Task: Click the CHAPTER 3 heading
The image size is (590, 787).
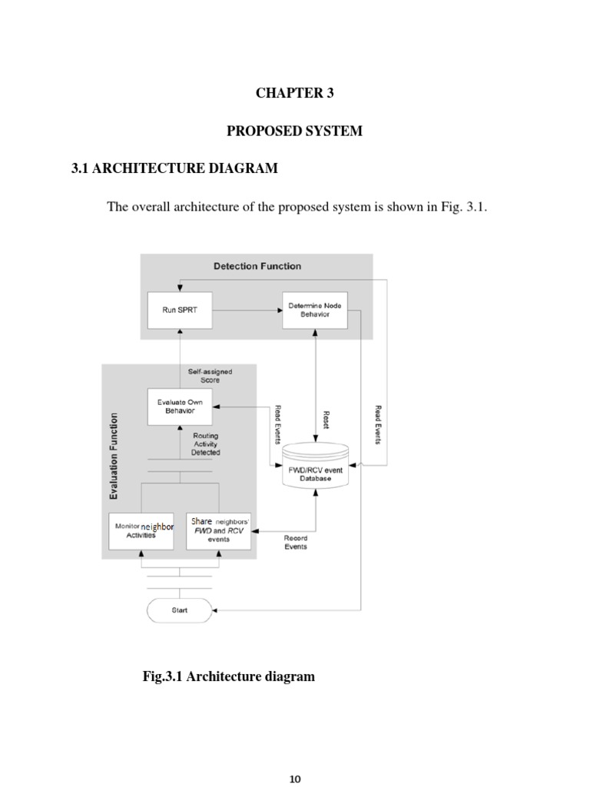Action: [294, 94]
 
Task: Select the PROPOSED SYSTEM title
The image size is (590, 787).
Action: [294, 131]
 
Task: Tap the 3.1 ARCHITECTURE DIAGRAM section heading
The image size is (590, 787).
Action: [174, 168]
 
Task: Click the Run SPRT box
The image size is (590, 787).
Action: [179, 310]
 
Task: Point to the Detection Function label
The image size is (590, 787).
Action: [257, 267]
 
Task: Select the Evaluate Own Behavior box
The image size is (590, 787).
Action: [179, 406]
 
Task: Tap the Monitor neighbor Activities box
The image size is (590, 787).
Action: [141, 530]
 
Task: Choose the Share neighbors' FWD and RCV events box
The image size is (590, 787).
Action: [218, 530]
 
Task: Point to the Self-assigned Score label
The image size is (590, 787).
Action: [210, 376]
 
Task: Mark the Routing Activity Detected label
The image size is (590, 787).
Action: [205, 444]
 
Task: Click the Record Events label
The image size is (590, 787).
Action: [296, 543]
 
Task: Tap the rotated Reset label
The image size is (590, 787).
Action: [326, 419]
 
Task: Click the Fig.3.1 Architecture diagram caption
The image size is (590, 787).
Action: [228, 677]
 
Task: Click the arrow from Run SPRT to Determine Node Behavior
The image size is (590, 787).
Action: [247, 310]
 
